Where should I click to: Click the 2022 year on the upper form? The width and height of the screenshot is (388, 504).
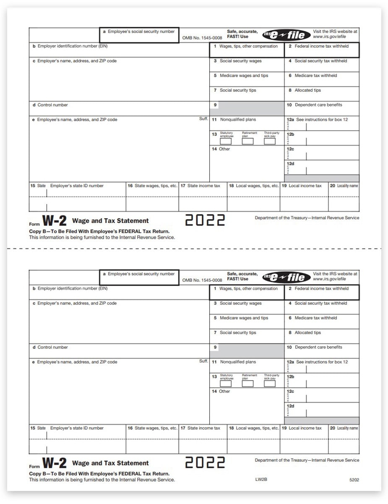[x=205, y=220]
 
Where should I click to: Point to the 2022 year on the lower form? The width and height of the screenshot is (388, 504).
[x=205, y=462]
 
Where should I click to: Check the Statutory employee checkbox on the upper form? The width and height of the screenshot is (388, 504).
[x=226, y=142]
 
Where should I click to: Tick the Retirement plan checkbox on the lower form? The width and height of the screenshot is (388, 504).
[x=247, y=383]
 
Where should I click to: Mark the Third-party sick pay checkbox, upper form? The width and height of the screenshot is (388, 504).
[x=270, y=142]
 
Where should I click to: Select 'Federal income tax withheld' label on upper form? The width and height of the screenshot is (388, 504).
[x=321, y=46]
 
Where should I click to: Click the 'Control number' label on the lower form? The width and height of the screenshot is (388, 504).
[x=52, y=347]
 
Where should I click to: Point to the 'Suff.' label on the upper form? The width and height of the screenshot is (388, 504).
[x=203, y=119]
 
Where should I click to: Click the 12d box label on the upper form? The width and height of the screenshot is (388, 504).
[x=290, y=164]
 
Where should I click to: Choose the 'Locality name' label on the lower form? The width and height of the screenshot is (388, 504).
[x=347, y=428]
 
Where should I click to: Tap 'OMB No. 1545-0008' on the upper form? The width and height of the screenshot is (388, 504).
[x=202, y=38]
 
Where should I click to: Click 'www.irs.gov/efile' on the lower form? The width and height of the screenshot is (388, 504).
[x=329, y=279]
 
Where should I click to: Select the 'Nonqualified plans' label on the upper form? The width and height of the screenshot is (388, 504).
[x=238, y=120]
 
